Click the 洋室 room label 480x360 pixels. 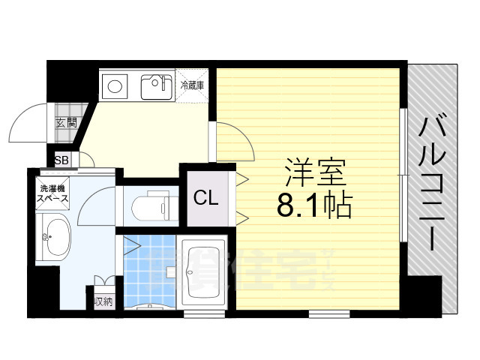(x=315, y=174)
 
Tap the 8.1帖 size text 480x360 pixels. (x=314, y=205)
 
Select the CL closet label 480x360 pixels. (x=205, y=199)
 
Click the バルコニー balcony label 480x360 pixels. (x=433, y=184)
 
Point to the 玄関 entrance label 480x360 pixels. (x=66, y=122)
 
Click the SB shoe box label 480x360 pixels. (x=61, y=160)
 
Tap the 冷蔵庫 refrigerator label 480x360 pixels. (x=193, y=85)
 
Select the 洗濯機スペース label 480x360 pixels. (x=54, y=194)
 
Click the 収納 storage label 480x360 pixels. (x=103, y=301)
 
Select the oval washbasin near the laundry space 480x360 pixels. (x=53, y=238)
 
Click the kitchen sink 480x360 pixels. (x=158, y=88)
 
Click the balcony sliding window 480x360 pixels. (x=404, y=176)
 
